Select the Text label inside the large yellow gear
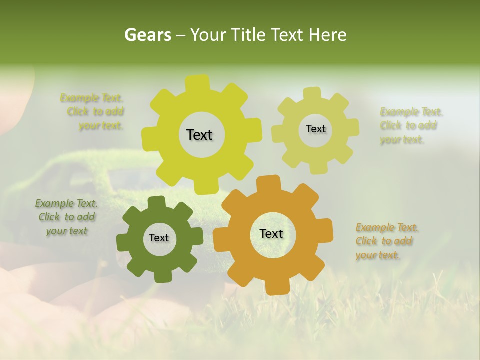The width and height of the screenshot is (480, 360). coord(199,135)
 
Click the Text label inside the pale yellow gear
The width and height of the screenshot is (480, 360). coord(315,129)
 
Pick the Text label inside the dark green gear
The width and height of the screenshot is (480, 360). coord(159,238)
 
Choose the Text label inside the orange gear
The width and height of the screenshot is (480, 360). coord(271,233)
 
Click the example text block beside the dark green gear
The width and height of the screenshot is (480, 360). coord(67,217)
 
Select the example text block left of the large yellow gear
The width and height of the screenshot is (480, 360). coord(93,112)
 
